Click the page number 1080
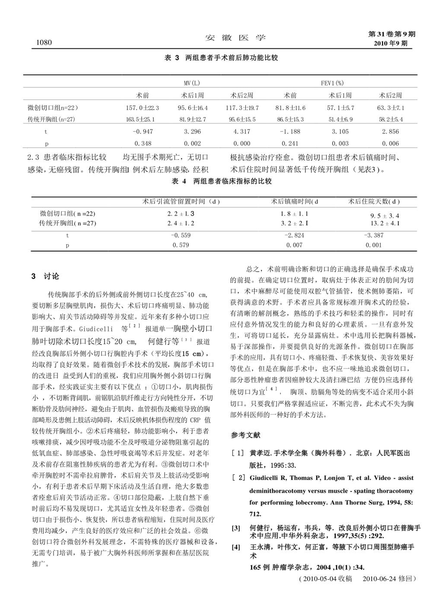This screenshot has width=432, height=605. pyautogui.click(x=42, y=42)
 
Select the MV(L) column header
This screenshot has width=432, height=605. pyautogui.click(x=191, y=83)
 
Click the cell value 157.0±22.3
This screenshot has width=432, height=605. pyautogui.click(x=142, y=108)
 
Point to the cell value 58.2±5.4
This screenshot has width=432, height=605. pyautogui.click(x=391, y=119)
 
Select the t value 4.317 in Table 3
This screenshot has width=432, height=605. pyautogui.click(x=241, y=131)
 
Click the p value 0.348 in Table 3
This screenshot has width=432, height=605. pyautogui.click(x=143, y=143)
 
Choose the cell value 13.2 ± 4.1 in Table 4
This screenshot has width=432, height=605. pyautogui.click(x=384, y=223)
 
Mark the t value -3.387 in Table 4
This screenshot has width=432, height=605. pyautogui.click(x=373, y=236)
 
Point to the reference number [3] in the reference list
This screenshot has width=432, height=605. pyautogui.click(x=236, y=528)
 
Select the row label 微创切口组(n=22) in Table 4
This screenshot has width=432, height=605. pyautogui.click(x=68, y=213)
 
